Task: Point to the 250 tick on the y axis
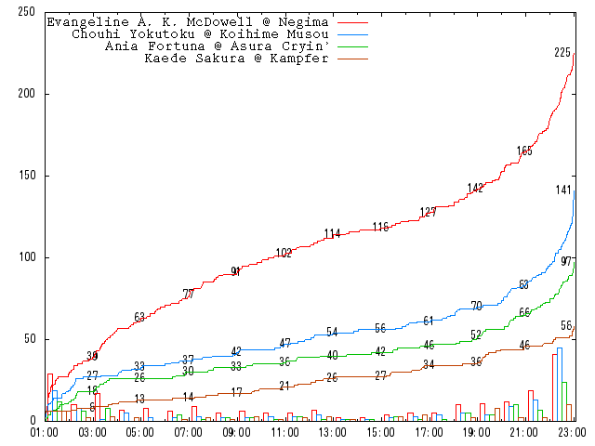(x=27, y=13)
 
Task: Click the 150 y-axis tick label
(x=27, y=176)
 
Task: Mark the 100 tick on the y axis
(x=27, y=257)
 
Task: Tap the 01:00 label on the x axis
(x=45, y=432)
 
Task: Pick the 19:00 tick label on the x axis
(x=475, y=432)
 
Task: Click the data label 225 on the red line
(x=562, y=53)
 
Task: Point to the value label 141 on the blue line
(x=563, y=190)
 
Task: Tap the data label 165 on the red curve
(x=524, y=151)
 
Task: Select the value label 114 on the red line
(x=332, y=233)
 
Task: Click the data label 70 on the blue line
(x=476, y=306)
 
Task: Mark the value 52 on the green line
(x=476, y=334)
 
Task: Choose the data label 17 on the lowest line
(x=236, y=392)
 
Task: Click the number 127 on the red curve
(x=428, y=212)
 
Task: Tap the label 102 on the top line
(x=284, y=253)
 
